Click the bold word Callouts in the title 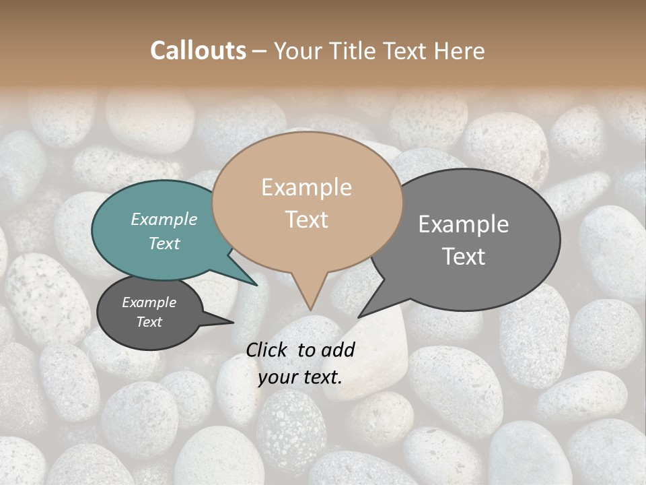point(198,51)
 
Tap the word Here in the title point(459,51)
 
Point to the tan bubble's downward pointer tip point(310,309)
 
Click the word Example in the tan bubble point(306,187)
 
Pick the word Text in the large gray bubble point(463,257)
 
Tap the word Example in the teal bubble point(164,219)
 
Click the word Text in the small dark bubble point(149,322)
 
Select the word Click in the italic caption point(267,350)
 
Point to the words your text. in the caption point(300,377)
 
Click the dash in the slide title point(260,51)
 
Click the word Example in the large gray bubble point(463,224)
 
